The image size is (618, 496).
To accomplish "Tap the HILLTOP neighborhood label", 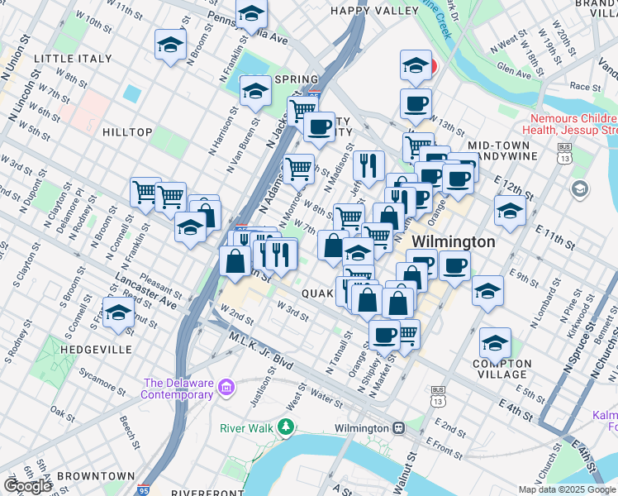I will point(127,132).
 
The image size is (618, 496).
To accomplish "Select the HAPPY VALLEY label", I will point(374,11).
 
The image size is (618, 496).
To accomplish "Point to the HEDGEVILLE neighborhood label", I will point(96,350).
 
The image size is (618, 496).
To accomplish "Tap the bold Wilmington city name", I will point(454,242).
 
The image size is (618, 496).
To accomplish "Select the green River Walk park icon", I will point(285,427).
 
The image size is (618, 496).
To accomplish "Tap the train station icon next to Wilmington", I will point(398,428).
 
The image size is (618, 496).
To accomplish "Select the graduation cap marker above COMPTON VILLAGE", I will point(495,343).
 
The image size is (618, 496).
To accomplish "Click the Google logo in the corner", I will point(27,486).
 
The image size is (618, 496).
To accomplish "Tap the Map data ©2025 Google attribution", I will point(567,489).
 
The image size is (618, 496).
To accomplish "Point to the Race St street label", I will point(585,86).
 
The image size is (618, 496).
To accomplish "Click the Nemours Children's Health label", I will point(570,123).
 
